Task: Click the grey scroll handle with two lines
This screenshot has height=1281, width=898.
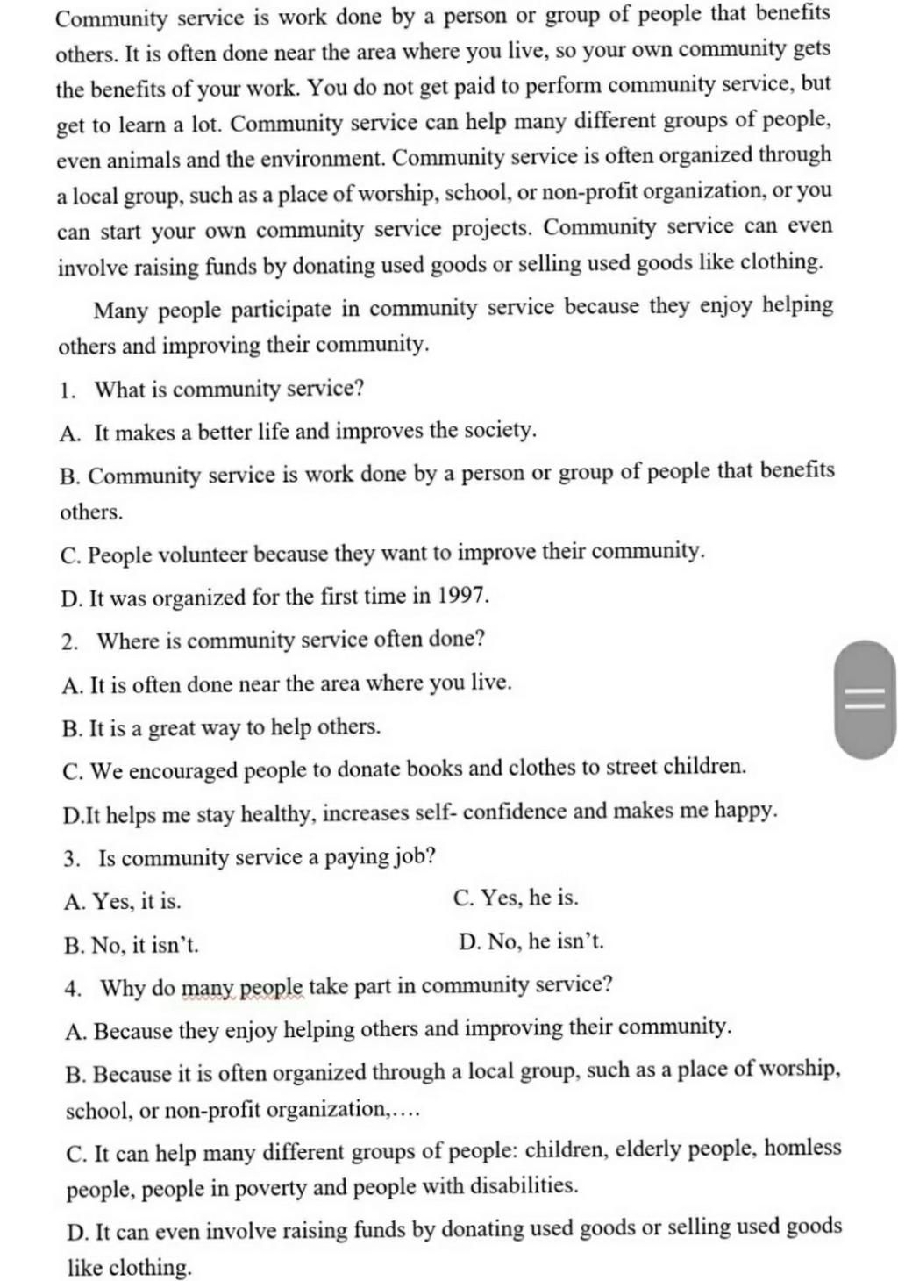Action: pos(865,699)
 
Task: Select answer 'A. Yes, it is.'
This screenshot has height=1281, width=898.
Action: pos(123,901)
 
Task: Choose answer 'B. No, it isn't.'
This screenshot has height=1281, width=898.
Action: pos(132,945)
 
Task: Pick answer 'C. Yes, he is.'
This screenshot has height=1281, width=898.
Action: pos(516,898)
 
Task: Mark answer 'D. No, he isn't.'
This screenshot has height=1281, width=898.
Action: pos(531,941)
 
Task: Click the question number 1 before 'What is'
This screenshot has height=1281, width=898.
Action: pos(67,390)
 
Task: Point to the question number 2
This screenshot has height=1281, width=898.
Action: pos(69,641)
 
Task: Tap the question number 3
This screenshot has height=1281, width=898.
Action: pos(70,859)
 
